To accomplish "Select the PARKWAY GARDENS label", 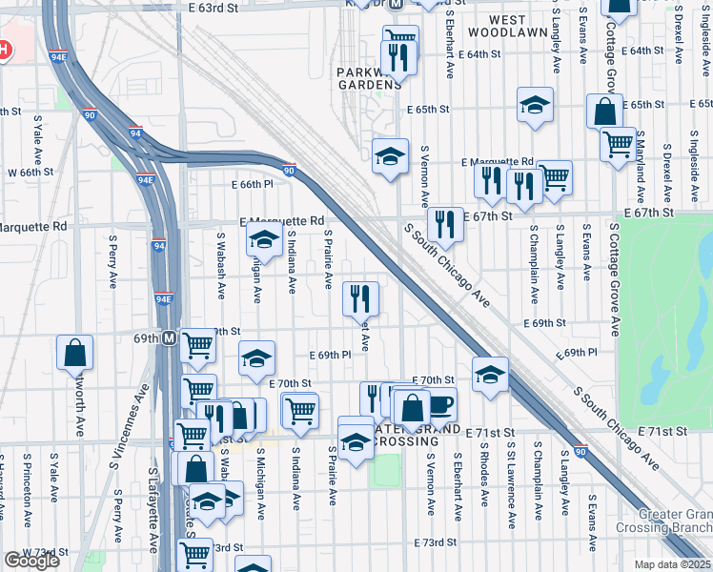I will point(370,77).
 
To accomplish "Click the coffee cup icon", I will point(439,403).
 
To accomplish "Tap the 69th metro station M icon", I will point(169,337).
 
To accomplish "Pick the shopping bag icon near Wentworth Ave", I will point(74,353).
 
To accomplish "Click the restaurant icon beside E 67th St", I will point(444,224).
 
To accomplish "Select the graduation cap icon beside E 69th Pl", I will point(255,358).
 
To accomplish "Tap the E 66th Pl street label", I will point(251,184).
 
